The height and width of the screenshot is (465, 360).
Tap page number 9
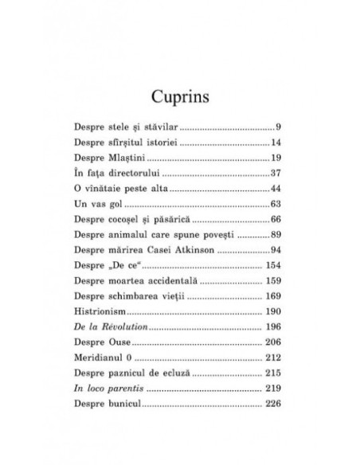(275, 127)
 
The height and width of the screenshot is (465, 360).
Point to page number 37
(272, 173)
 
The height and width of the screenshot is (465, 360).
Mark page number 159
(268, 282)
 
